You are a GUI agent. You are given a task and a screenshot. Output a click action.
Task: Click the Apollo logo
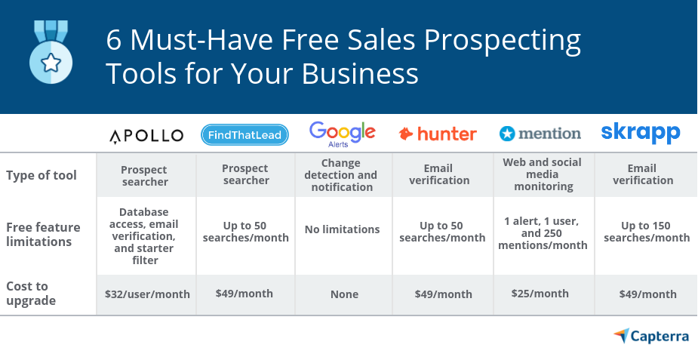[146, 136]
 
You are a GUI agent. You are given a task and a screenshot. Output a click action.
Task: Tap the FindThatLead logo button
[245, 135]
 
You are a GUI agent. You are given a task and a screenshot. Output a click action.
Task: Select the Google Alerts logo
[342, 134]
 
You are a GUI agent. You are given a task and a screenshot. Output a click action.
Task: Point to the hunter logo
[438, 134]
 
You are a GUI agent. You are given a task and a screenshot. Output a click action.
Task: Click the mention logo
[540, 134]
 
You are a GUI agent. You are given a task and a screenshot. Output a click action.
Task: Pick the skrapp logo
[641, 133]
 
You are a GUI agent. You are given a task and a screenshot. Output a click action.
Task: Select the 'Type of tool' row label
[42, 175]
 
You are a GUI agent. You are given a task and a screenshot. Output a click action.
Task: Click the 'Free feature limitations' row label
[39, 234]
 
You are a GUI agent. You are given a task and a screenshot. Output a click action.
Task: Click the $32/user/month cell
[147, 294]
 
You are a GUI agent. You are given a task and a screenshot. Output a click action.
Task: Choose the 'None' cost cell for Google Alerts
[344, 294]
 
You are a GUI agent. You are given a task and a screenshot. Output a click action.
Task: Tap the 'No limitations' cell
[343, 229]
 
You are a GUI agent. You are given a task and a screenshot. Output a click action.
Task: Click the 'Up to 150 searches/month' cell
[645, 231]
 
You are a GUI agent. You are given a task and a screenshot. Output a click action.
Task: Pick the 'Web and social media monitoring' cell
[543, 174]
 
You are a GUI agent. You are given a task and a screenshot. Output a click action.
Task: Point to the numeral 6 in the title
[114, 40]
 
